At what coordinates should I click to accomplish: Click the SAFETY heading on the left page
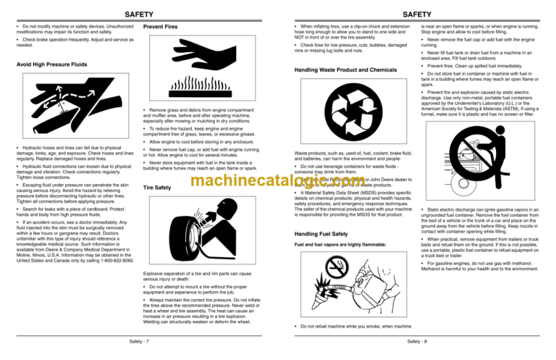coord(138,14)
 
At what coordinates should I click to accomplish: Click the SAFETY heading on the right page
coord(416,14)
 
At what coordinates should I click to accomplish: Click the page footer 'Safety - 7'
coord(138,340)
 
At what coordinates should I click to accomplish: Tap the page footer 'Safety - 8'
coord(416,340)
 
